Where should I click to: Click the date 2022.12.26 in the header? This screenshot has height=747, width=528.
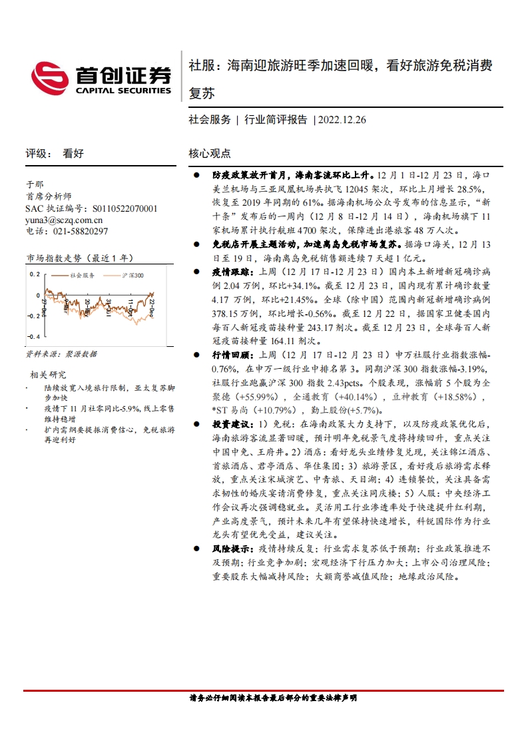[342, 120]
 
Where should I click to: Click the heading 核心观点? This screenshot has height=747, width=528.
[210, 153]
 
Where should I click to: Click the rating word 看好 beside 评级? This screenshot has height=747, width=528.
[73, 153]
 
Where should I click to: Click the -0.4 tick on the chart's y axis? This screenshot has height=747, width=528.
[32, 337]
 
